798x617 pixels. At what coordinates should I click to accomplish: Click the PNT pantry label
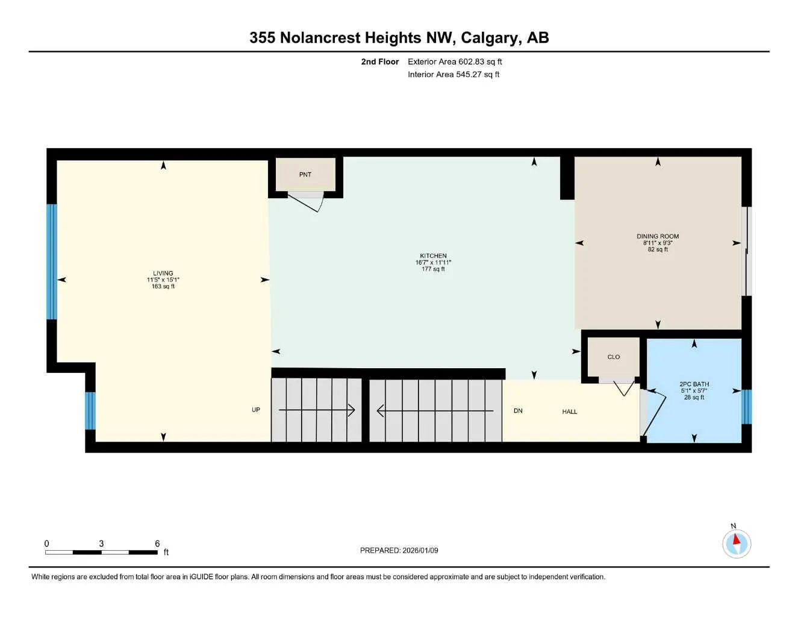(x=305, y=175)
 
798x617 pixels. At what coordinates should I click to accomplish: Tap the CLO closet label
(x=614, y=357)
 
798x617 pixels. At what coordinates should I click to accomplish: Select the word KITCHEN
(x=434, y=256)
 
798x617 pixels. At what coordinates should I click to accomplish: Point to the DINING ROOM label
(x=658, y=237)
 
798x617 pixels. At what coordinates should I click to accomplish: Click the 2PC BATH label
(x=694, y=384)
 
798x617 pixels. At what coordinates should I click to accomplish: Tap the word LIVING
(x=163, y=273)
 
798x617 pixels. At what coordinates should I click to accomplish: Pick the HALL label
(x=570, y=412)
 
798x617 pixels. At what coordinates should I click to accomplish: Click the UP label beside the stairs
(x=256, y=410)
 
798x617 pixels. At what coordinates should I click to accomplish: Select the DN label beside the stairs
(x=518, y=410)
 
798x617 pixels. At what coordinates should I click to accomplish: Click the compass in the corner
(x=737, y=544)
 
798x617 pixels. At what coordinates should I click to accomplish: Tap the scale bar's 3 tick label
(x=101, y=543)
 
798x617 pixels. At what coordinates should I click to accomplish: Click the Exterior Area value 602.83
(x=471, y=61)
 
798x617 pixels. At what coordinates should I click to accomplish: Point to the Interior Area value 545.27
(x=469, y=75)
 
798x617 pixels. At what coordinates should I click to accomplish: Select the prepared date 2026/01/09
(x=420, y=551)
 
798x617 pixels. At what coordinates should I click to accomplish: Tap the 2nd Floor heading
(x=379, y=61)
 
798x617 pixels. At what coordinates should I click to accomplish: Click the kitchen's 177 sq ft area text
(x=434, y=269)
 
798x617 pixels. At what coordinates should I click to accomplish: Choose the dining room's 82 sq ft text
(x=658, y=249)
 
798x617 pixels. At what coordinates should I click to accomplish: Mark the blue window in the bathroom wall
(x=747, y=407)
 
